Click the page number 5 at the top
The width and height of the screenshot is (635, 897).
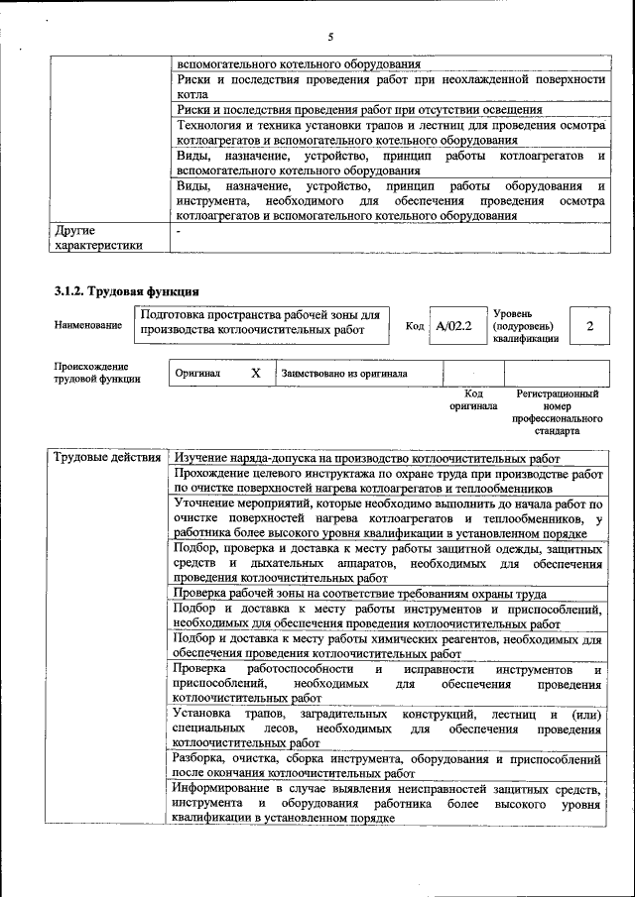pyautogui.click(x=329, y=37)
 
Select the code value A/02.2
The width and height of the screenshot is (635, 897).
pyautogui.click(x=454, y=325)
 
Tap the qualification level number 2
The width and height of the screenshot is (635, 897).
pyautogui.click(x=590, y=325)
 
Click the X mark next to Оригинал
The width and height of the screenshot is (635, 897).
pyautogui.click(x=255, y=373)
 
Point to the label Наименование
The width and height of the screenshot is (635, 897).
pyautogui.click(x=88, y=325)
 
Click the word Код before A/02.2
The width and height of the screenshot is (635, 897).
pyautogui.click(x=415, y=325)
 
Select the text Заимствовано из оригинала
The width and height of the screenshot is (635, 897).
pyautogui.click(x=344, y=374)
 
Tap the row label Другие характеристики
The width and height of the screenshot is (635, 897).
pyautogui.click(x=98, y=238)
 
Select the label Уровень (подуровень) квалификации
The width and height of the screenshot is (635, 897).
pyautogui.click(x=525, y=325)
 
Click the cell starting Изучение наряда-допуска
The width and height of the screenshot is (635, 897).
pyautogui.click(x=367, y=458)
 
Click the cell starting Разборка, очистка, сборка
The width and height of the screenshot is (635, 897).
pyautogui.click(x=387, y=765)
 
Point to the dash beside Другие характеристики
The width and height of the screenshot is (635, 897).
pyautogui.click(x=178, y=230)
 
